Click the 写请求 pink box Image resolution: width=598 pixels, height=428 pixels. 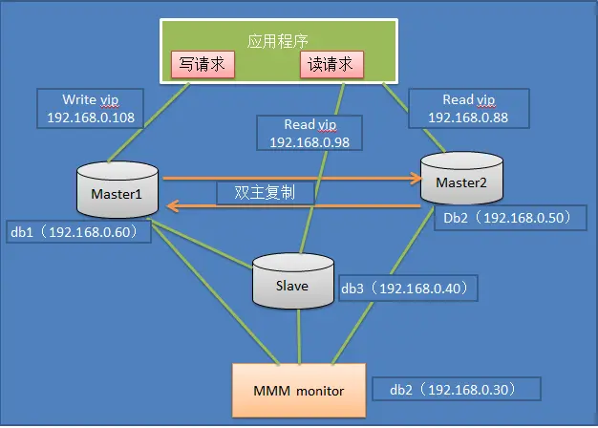pyautogui.click(x=202, y=65)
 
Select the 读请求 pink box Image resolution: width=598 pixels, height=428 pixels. pyautogui.click(x=331, y=65)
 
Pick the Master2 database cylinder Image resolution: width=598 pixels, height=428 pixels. pyautogui.click(x=461, y=182)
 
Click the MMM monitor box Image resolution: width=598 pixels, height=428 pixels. pyautogui.click(x=300, y=391)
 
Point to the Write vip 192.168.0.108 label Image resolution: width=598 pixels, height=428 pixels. pyautogui.click(x=91, y=110)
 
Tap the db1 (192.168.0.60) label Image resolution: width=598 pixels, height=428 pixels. pyautogui.click(x=75, y=231)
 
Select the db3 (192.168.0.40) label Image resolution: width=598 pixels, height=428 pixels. pyautogui.click(x=405, y=287)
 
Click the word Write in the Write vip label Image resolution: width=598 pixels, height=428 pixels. pyautogui.click(x=79, y=99)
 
